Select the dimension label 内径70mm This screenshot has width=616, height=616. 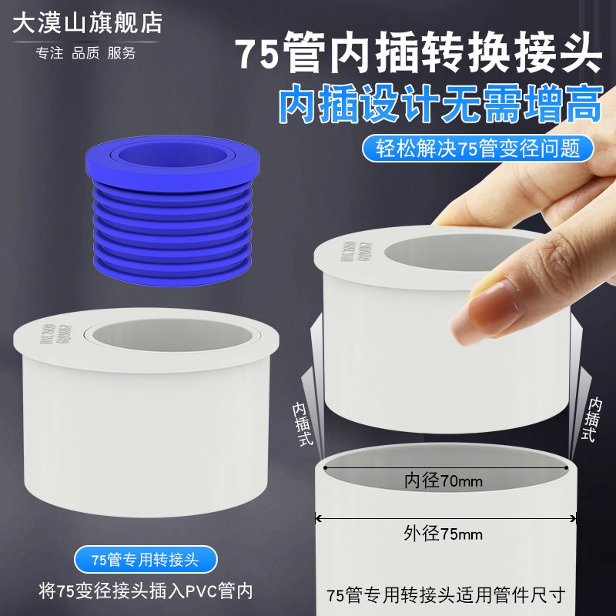pyautogui.click(x=444, y=482)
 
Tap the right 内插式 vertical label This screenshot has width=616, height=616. pyautogui.click(x=593, y=420)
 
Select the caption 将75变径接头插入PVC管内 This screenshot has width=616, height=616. pyautogui.click(x=146, y=592)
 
